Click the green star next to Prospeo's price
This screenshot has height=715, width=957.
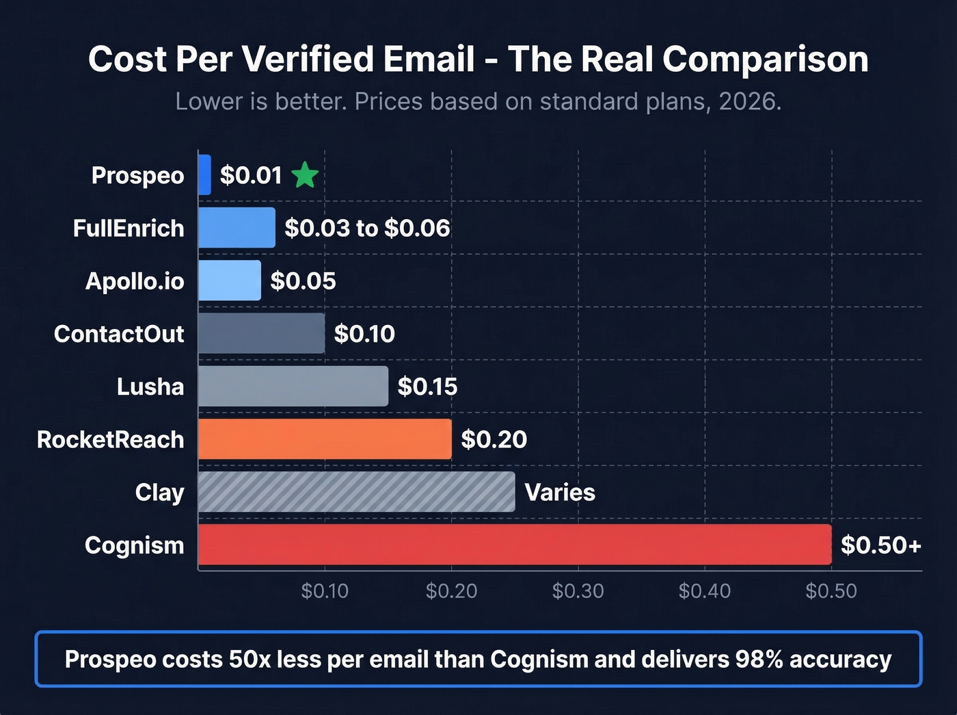click(x=305, y=176)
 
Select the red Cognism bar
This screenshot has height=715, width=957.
click(x=514, y=545)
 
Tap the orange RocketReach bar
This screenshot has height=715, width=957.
click(x=325, y=439)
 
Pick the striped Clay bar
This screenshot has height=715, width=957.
click(x=356, y=492)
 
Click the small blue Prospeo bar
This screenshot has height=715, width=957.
click(x=204, y=175)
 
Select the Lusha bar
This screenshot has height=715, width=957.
click(x=293, y=387)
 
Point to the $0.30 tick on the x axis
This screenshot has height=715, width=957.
click(x=578, y=590)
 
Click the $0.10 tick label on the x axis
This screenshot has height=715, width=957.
click(x=325, y=590)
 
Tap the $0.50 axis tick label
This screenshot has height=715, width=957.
click(x=831, y=590)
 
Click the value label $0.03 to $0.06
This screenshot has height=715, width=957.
click(x=367, y=229)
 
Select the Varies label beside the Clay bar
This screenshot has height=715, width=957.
click(x=560, y=493)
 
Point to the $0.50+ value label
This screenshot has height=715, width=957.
click(x=880, y=545)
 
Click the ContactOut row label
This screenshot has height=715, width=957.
click(x=119, y=334)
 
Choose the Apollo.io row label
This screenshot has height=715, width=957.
click(x=135, y=281)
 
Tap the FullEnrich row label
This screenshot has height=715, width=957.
click(x=129, y=229)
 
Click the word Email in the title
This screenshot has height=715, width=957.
click(x=429, y=60)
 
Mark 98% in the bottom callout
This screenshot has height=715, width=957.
click(x=759, y=660)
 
